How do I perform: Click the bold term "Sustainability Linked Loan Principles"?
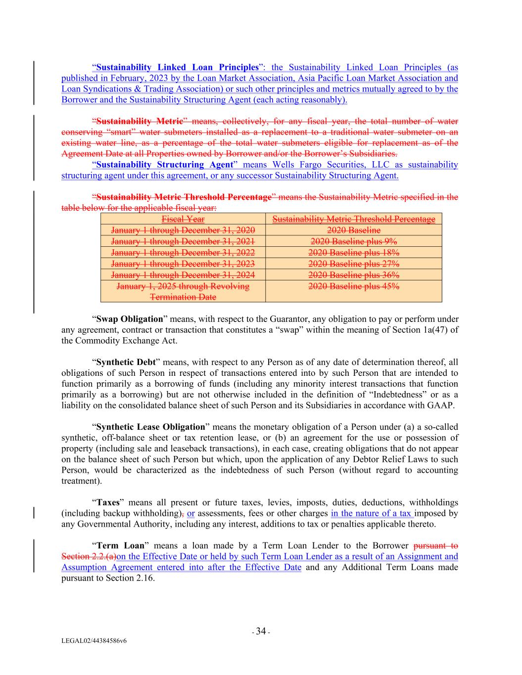pyautogui.click(x=177, y=67)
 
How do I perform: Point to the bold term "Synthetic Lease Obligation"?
pyautogui.click(x=150, y=427)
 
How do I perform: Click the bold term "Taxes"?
pyautogui.click(x=108, y=502)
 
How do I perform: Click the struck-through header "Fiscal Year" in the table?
pyautogui.click(x=183, y=219)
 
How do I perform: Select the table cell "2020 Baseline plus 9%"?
pyautogui.click(x=353, y=241)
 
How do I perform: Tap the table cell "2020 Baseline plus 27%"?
pyautogui.click(x=353, y=264)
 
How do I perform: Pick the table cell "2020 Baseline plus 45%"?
pyautogui.click(x=353, y=286)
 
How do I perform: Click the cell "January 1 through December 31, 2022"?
pyautogui.click(x=183, y=253)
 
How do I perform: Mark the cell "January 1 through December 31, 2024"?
pyautogui.click(x=183, y=275)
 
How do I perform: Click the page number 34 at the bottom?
pyautogui.click(x=261, y=631)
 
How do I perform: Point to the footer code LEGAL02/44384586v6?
pyautogui.click(x=94, y=641)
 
